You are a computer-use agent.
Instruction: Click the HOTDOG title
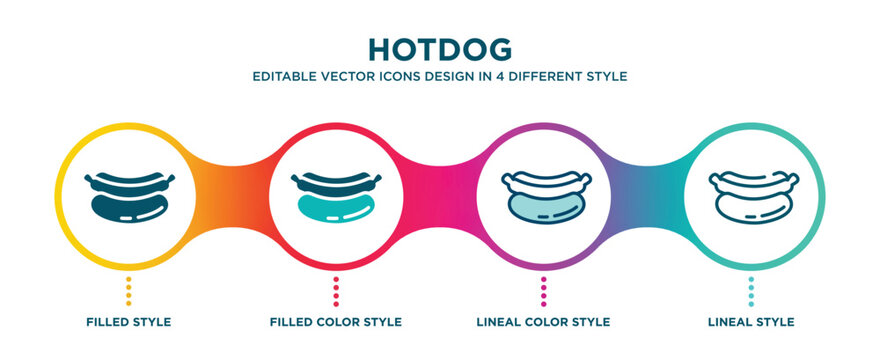(x=440, y=49)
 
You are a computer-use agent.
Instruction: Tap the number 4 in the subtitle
(x=503, y=76)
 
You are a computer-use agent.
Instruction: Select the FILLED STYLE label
(x=128, y=322)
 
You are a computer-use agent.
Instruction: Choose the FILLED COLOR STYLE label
(x=336, y=322)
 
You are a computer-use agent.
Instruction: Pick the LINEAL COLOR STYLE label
(x=543, y=322)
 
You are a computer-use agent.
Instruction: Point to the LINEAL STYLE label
(x=751, y=322)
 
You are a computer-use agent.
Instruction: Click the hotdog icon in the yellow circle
(x=128, y=194)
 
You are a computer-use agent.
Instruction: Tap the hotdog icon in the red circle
(x=336, y=194)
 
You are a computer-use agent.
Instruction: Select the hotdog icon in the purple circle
(x=543, y=194)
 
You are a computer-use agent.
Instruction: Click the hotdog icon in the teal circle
(x=751, y=194)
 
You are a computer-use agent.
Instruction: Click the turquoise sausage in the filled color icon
(x=336, y=206)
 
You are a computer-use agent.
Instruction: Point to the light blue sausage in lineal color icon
(x=543, y=206)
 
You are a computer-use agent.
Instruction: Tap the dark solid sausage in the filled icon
(x=128, y=206)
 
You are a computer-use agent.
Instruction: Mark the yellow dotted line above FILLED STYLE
(x=128, y=290)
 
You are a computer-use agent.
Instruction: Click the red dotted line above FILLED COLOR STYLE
(x=336, y=290)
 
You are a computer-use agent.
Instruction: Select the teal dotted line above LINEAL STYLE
(x=751, y=290)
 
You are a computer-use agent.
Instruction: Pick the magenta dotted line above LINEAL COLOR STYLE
(x=543, y=290)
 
